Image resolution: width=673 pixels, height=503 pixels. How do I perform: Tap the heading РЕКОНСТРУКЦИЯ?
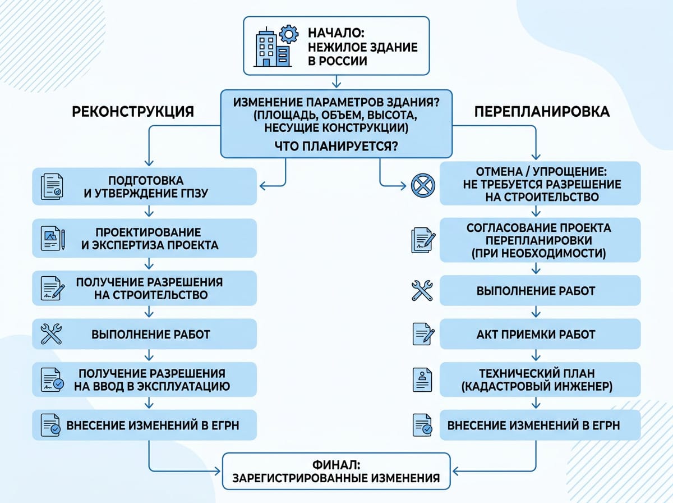coord(133,112)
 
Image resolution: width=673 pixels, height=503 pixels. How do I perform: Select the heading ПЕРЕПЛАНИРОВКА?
coord(542,111)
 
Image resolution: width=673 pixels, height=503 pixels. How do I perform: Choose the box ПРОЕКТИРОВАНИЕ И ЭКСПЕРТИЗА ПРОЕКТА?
coord(145,239)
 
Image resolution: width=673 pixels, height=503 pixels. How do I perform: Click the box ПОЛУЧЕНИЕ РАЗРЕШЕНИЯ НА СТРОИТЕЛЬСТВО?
coord(145,288)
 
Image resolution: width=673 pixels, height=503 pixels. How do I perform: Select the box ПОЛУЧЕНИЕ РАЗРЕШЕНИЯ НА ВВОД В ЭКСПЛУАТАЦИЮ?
coord(145,380)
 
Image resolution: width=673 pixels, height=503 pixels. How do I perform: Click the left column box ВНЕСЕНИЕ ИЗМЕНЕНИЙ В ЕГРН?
coord(145,426)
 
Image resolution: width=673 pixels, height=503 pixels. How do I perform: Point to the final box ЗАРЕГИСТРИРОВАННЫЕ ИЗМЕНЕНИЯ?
coord(336,472)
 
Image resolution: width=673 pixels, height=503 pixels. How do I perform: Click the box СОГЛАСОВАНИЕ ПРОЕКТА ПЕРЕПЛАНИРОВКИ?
coord(540,240)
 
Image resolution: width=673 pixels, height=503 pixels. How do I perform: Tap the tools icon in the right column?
coord(422,291)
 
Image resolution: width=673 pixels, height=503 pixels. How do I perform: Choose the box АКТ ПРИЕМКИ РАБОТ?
coord(540,334)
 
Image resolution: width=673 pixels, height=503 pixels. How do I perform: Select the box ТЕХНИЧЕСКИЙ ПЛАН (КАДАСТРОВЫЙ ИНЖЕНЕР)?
coord(540,379)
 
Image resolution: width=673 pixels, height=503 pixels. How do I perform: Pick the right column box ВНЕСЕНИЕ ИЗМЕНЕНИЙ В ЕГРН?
coord(540,425)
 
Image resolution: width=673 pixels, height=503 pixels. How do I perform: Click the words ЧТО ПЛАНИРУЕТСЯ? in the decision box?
coord(336,147)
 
